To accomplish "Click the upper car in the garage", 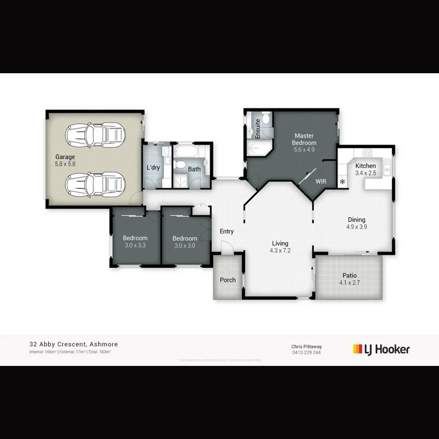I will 101,133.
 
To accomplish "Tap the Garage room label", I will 65,157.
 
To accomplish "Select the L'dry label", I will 153,168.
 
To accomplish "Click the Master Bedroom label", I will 304,139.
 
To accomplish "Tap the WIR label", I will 320,181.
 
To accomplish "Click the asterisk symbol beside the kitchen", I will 342,182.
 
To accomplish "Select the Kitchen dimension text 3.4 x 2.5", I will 365,173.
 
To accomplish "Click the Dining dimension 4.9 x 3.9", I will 357,227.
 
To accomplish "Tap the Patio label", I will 350,275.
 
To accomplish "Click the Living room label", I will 280,243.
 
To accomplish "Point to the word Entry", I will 227,231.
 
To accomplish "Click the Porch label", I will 228,280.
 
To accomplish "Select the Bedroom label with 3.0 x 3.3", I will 135,239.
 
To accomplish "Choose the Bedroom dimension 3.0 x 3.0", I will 184,246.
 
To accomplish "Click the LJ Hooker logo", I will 381,349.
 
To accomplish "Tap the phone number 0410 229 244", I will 306,352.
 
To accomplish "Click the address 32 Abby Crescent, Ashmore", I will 73,344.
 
